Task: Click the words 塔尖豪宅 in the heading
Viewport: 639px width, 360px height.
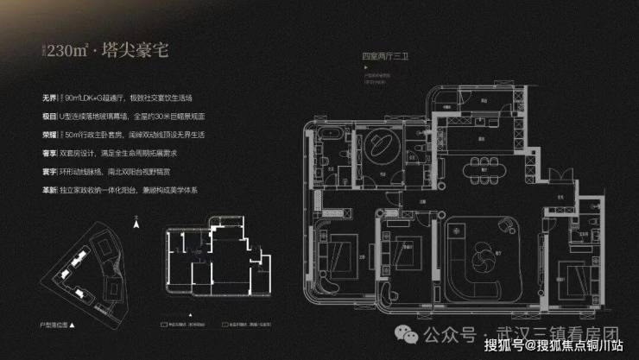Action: pos(139,49)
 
